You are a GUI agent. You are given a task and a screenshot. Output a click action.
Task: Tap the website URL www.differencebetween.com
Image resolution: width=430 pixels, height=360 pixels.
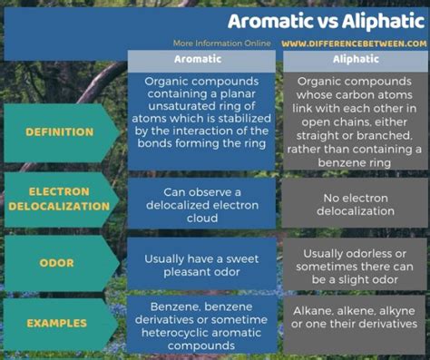coord(353,43)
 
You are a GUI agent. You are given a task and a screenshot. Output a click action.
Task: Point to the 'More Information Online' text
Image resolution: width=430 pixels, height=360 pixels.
coord(222,43)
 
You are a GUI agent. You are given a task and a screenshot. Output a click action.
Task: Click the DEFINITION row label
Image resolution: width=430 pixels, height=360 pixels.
coord(60,132)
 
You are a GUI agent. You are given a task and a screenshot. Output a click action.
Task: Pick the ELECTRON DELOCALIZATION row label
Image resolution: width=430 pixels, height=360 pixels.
coord(60,199)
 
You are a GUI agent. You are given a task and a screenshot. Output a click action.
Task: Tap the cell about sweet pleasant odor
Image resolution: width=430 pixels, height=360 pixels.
coord(201,265)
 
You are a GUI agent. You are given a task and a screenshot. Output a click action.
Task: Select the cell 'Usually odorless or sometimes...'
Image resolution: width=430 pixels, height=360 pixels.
coord(356,264)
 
